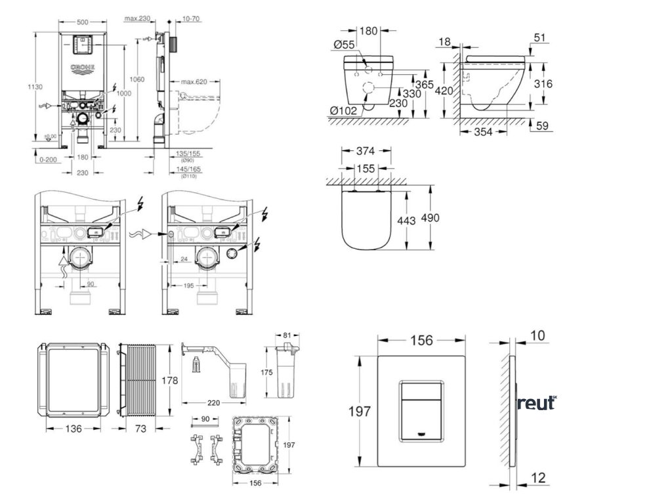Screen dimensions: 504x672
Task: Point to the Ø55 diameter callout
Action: (345, 44)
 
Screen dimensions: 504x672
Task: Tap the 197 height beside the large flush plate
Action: (360, 411)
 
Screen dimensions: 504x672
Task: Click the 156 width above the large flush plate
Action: (422, 341)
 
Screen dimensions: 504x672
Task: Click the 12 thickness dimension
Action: (538, 478)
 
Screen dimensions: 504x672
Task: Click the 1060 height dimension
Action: (137, 79)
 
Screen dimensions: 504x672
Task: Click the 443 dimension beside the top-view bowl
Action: (407, 221)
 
